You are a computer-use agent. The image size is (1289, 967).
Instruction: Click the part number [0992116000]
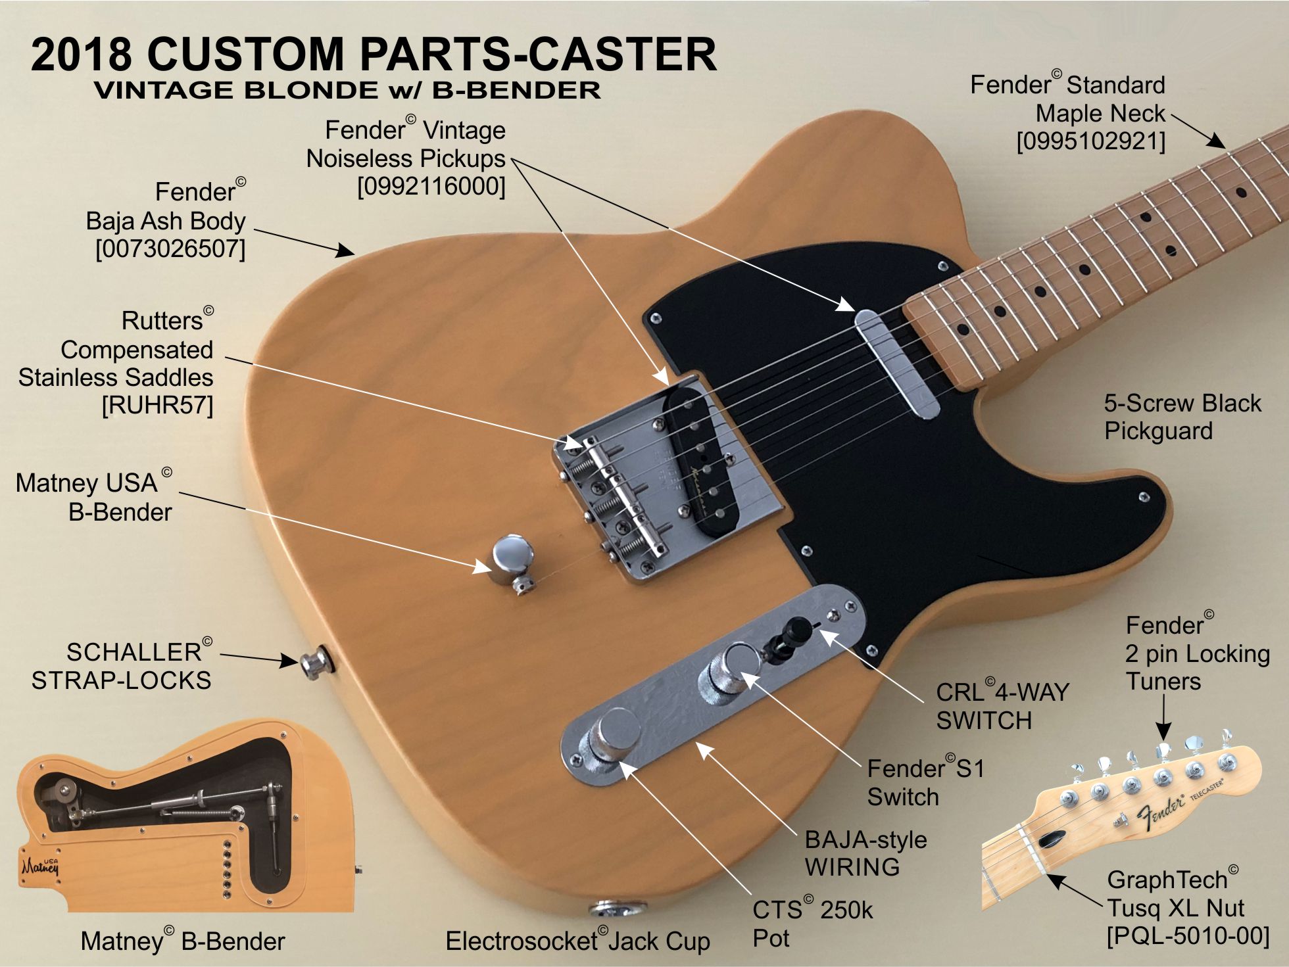[x=431, y=187]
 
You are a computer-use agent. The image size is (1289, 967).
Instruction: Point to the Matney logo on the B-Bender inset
[x=40, y=867]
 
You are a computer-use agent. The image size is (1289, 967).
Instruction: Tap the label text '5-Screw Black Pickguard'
[x=1182, y=417]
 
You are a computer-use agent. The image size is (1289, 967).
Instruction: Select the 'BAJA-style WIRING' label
[x=865, y=853]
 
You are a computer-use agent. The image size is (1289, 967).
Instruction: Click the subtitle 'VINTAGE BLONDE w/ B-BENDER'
[x=347, y=91]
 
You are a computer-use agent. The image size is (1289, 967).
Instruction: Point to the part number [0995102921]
[x=1091, y=141]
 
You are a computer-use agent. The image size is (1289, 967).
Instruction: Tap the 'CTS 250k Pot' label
[x=812, y=924]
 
